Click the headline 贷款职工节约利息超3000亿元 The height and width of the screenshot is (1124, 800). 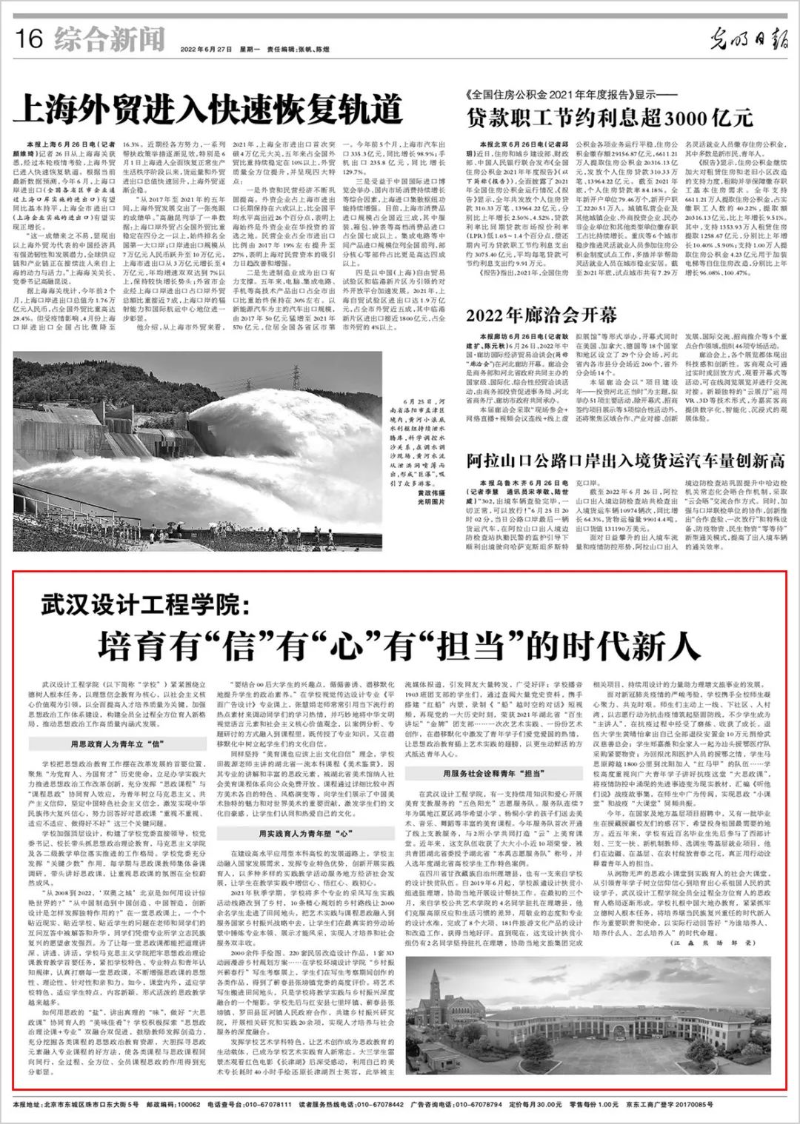[x=609, y=118]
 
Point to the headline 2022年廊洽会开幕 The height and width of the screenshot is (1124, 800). [x=541, y=315]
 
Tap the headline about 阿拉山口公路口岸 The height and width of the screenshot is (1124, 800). [x=625, y=461]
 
